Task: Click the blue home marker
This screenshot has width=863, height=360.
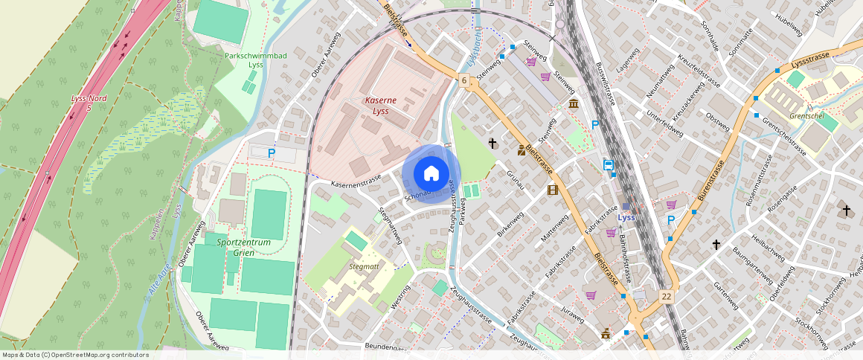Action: click(x=431, y=174)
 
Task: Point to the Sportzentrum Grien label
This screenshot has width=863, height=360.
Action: click(x=243, y=248)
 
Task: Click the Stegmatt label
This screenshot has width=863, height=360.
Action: click(x=364, y=266)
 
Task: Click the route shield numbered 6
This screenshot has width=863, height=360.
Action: click(x=463, y=80)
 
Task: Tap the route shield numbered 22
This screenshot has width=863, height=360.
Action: click(x=667, y=296)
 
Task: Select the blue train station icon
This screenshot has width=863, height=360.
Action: click(x=609, y=165)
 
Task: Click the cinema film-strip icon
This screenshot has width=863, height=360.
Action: click(x=552, y=190)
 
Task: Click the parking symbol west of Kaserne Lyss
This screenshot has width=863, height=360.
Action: click(x=272, y=153)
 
